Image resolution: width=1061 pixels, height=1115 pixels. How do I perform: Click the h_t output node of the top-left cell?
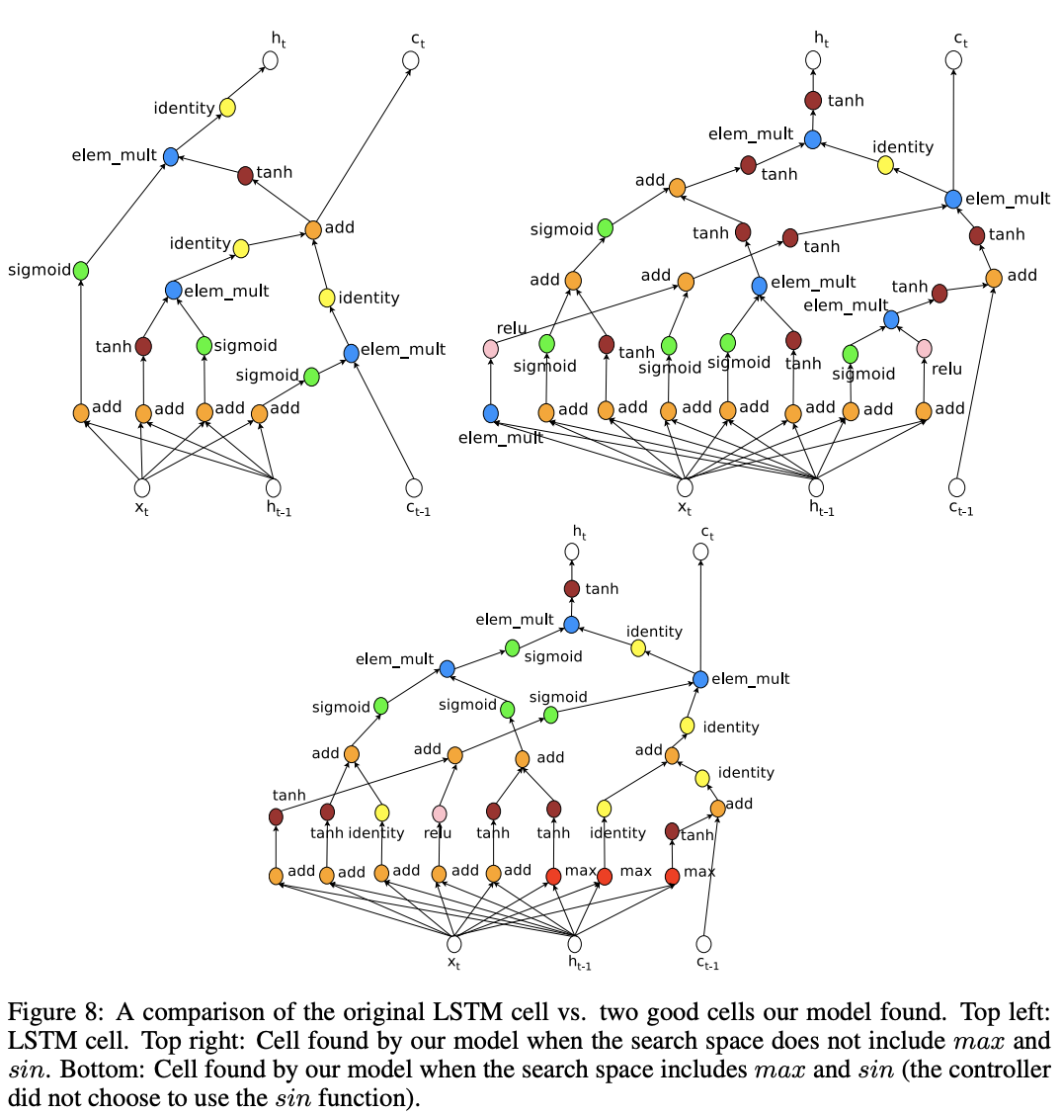271,60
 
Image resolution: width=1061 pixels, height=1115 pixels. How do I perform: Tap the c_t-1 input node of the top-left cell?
413,487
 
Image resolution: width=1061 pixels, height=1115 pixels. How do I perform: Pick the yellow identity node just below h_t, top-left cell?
227,108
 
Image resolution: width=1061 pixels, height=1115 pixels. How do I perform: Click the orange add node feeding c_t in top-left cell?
313,229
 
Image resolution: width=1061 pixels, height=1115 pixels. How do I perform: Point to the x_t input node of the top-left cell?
142,487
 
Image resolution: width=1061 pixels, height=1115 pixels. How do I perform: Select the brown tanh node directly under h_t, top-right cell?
813,101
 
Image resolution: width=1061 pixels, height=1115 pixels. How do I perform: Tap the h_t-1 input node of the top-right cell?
816,486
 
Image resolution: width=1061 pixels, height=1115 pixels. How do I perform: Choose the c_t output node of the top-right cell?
953,60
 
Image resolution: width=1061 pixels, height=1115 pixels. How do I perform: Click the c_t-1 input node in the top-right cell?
955,486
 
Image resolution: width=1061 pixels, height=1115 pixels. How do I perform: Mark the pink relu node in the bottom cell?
440,814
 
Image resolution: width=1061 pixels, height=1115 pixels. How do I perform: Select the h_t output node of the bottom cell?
572,552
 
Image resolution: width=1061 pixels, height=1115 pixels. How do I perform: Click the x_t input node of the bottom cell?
454,944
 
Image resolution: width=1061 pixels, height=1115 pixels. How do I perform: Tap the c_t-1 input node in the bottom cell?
703,944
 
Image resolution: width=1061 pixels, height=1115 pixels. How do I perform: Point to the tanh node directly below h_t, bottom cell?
572,589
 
